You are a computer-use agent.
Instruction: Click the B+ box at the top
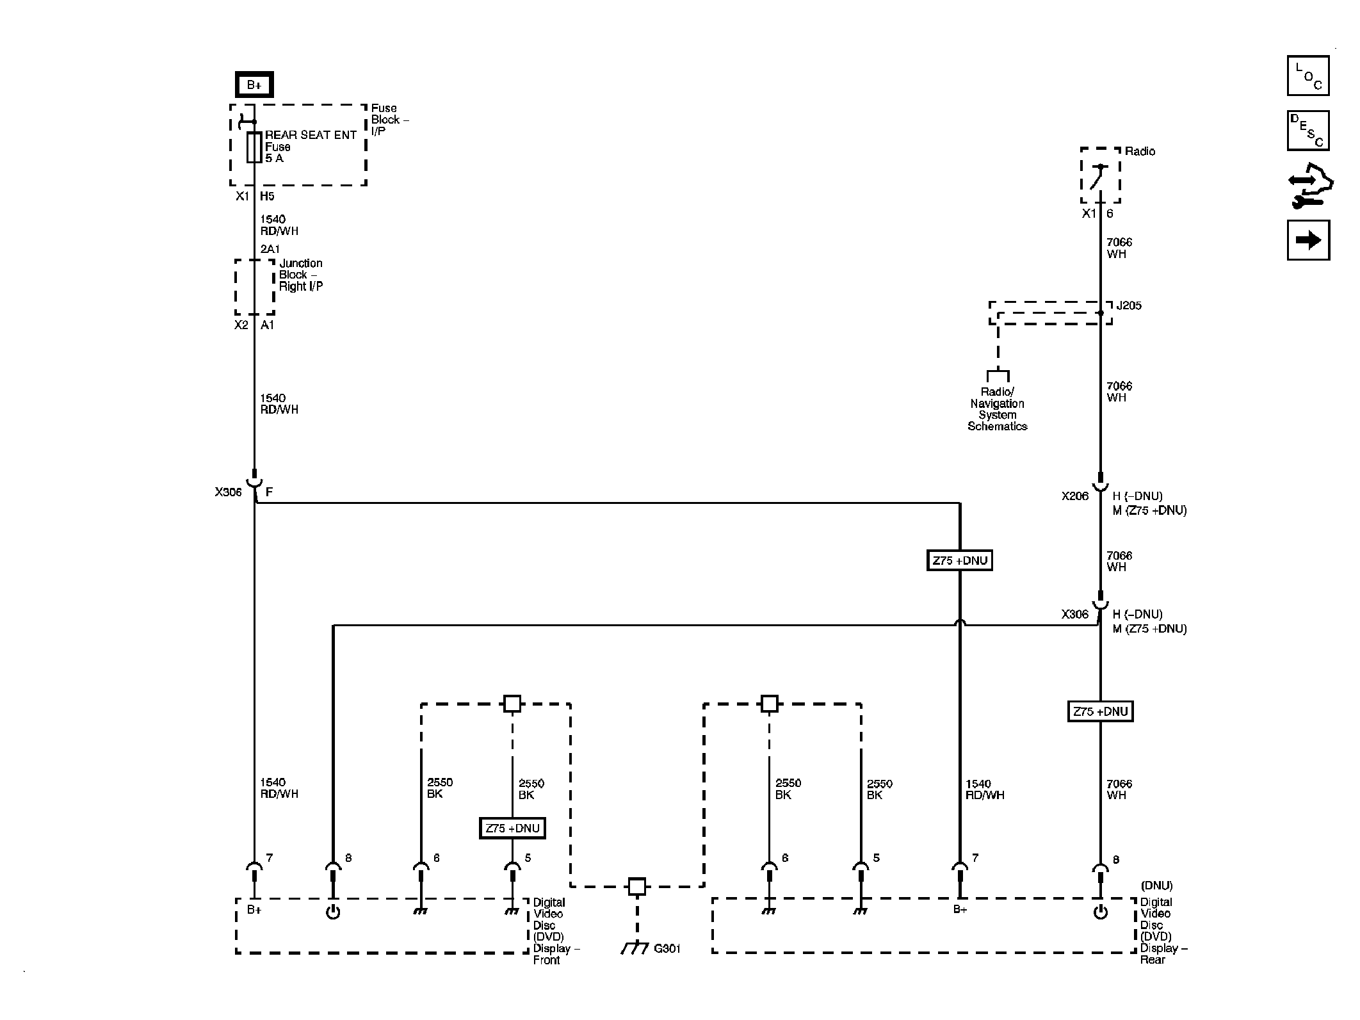click(254, 85)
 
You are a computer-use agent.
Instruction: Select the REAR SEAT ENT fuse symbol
click(254, 147)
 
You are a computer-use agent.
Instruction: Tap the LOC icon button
click(1307, 76)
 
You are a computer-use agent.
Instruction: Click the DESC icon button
click(1307, 131)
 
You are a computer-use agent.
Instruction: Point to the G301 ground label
click(667, 948)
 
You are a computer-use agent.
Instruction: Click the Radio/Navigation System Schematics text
click(997, 409)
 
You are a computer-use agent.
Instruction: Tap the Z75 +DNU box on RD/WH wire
click(959, 560)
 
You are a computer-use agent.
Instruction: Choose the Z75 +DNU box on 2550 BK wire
click(512, 828)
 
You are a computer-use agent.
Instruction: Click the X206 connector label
click(1074, 496)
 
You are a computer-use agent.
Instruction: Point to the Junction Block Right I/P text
click(300, 275)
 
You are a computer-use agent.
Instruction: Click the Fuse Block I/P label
click(389, 120)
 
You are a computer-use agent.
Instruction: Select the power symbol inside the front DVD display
click(333, 912)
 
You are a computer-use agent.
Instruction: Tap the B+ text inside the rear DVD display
click(959, 909)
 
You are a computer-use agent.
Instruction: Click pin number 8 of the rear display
click(1116, 859)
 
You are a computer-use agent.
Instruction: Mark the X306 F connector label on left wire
click(229, 492)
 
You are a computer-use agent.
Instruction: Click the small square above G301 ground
click(636, 886)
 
